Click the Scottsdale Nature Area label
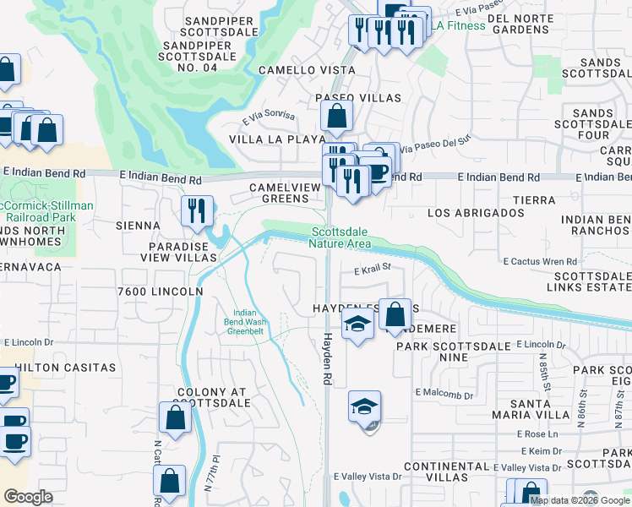[x=341, y=237]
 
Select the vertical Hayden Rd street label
[x=326, y=359]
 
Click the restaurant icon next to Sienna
[x=197, y=211]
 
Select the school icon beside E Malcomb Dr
[x=365, y=408]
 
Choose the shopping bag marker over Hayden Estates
[x=395, y=315]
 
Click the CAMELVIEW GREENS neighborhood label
[x=279, y=193]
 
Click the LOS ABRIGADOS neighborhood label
[x=476, y=213]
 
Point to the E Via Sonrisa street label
[x=269, y=116]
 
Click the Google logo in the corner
[x=29, y=496]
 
